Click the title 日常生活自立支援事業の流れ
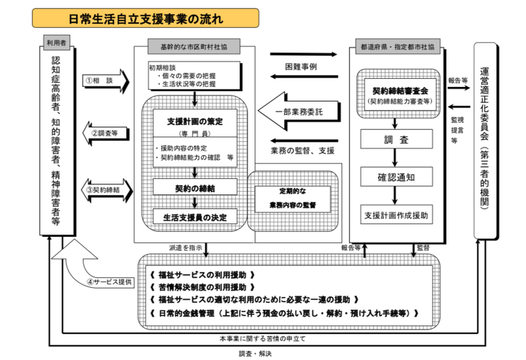pos(145,18)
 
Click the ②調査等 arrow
pos(107,133)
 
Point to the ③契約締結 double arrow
pos(107,190)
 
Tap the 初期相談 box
pos(193,76)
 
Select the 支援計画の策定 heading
pos(194,122)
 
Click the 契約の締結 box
pos(194,188)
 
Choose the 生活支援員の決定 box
pos(194,217)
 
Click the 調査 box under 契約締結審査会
pos(396,140)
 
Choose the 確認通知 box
pos(396,177)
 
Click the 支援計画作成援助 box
pos(396,215)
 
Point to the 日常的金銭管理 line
pos(285,312)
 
